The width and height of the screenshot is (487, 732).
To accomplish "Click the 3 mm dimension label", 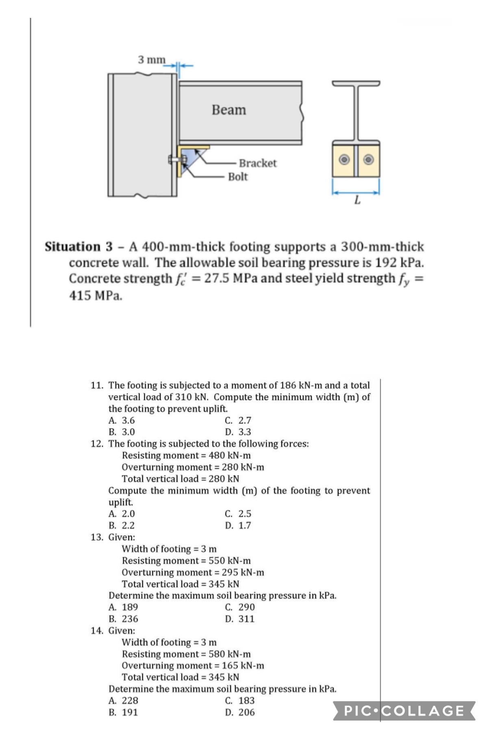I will pyautogui.click(x=152, y=60).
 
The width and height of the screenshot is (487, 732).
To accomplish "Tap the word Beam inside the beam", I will pyautogui.click(x=229, y=110).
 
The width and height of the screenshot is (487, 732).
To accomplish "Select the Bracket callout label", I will pyautogui.click(x=257, y=163).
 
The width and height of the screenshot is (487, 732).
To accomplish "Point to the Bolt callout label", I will pyautogui.click(x=238, y=177).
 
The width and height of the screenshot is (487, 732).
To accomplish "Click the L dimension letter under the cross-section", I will pyautogui.click(x=357, y=200).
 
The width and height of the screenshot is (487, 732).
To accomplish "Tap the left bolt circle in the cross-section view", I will pyautogui.click(x=344, y=159).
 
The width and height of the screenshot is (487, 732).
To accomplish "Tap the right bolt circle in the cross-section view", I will pyautogui.click(x=369, y=159).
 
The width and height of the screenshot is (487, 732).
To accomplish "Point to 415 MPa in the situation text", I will pyautogui.click(x=96, y=296).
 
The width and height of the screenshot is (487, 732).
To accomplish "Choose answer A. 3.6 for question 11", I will pyautogui.click(x=122, y=420).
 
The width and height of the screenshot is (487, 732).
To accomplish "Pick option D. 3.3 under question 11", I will pyautogui.click(x=238, y=432).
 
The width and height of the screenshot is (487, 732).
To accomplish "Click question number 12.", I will pyautogui.click(x=96, y=444).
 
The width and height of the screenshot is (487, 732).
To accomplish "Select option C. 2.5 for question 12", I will pyautogui.click(x=238, y=514).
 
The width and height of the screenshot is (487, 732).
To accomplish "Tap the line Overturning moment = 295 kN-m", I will pyautogui.click(x=193, y=572).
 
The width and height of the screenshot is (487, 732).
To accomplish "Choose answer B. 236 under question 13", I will pyautogui.click(x=123, y=619).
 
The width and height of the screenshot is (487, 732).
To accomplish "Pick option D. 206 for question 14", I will pyautogui.click(x=240, y=712).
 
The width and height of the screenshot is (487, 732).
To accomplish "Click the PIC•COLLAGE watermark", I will pyautogui.click(x=404, y=710).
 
